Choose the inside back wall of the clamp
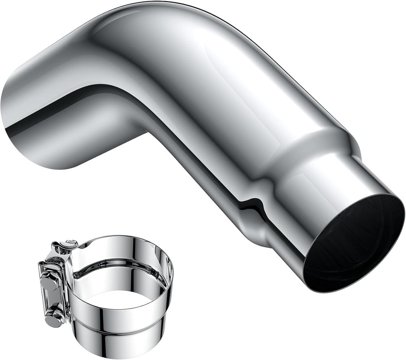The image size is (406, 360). pyautogui.click(x=120, y=256)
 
